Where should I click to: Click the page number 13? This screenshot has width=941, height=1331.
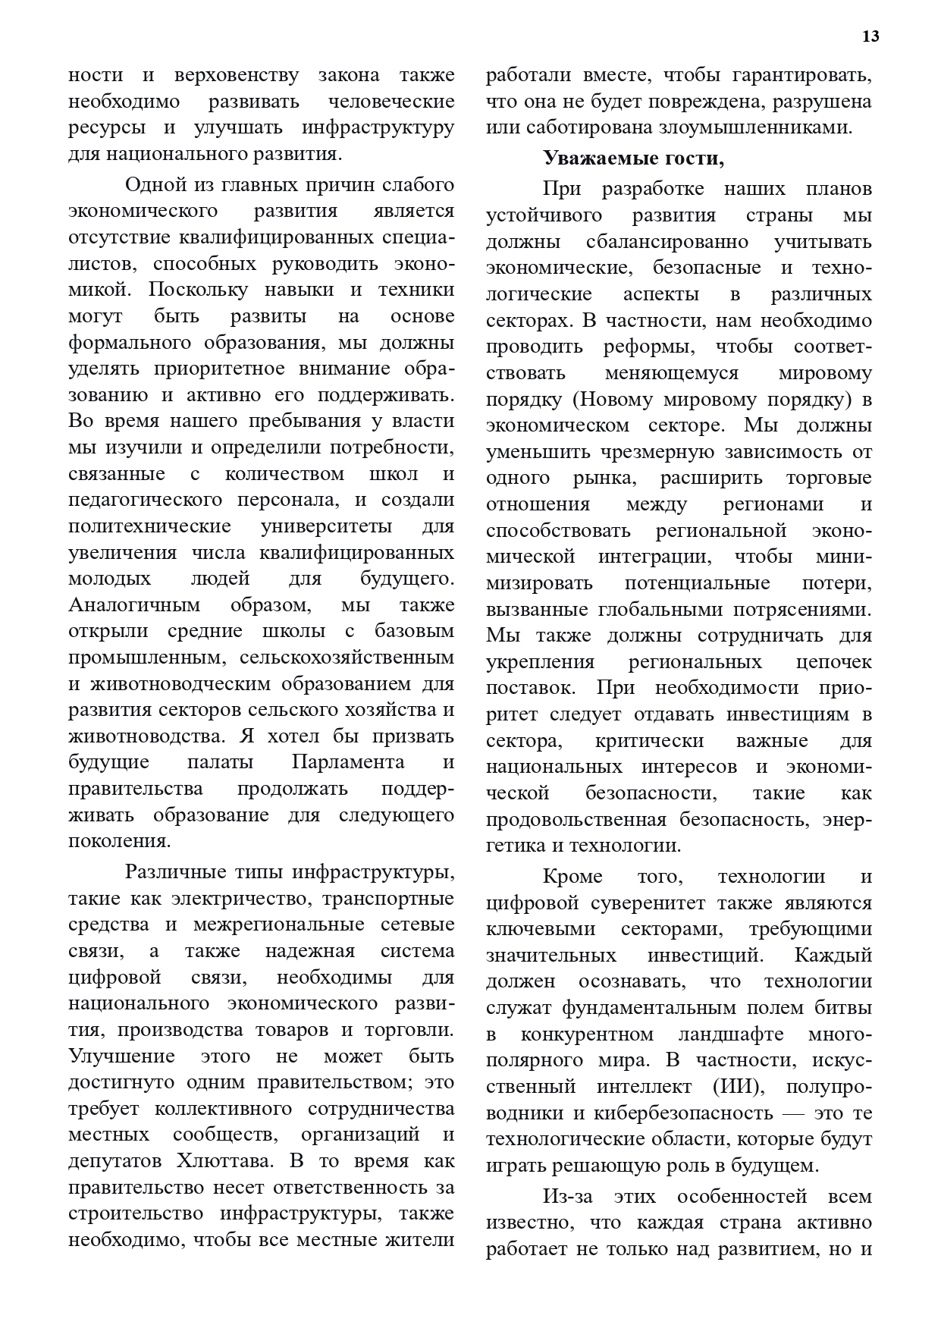[870, 36]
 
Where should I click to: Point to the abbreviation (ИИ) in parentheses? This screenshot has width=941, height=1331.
[739, 1086]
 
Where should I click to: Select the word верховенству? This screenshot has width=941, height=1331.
[236, 76]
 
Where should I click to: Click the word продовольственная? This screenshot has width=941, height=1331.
[576, 820]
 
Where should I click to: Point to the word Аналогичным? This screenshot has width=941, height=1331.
[134, 604]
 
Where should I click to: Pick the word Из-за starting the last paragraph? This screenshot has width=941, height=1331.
[567, 1196]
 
